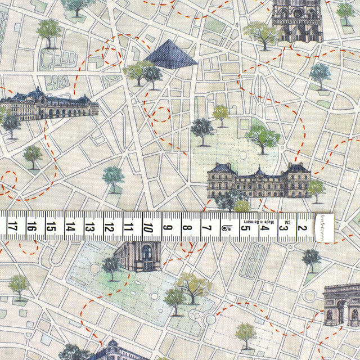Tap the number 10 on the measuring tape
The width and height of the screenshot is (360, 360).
tap(148, 228)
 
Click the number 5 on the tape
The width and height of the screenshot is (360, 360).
tap(246, 228)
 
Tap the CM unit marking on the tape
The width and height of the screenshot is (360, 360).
tap(286, 225)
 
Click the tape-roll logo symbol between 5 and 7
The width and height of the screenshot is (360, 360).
tap(227, 228)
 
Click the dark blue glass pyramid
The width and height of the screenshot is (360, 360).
tap(170, 54)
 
